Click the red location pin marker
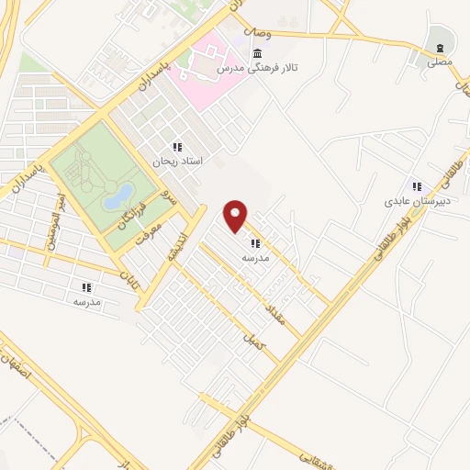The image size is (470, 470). [x=236, y=214]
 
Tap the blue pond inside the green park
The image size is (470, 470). [x=117, y=196]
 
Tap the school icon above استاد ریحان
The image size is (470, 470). [x=177, y=147]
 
